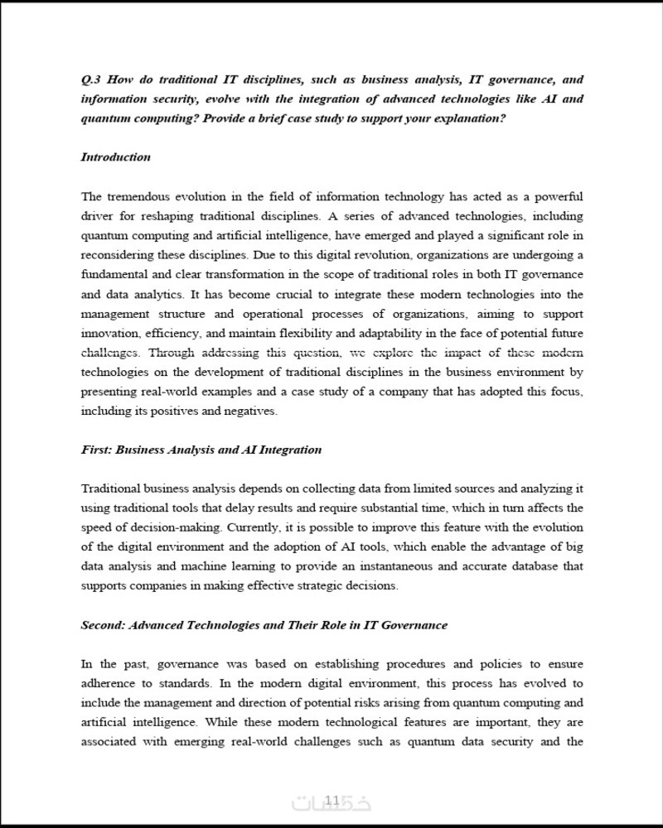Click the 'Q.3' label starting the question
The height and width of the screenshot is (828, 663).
pyautogui.click(x=90, y=80)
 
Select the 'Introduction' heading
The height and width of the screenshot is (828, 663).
pyautogui.click(x=115, y=157)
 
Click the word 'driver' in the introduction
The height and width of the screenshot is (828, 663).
pyautogui.click(x=96, y=216)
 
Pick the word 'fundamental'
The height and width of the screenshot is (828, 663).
pyautogui.click(x=113, y=275)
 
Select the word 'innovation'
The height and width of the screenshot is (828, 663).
pyautogui.click(x=107, y=333)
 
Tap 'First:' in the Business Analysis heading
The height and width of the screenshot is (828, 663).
pyautogui.click(x=96, y=450)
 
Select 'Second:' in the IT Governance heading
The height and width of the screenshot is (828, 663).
pyautogui.click(x=103, y=625)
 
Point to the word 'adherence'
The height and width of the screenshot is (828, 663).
pyautogui.click(x=108, y=684)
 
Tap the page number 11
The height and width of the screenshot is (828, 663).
pyautogui.click(x=331, y=800)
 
